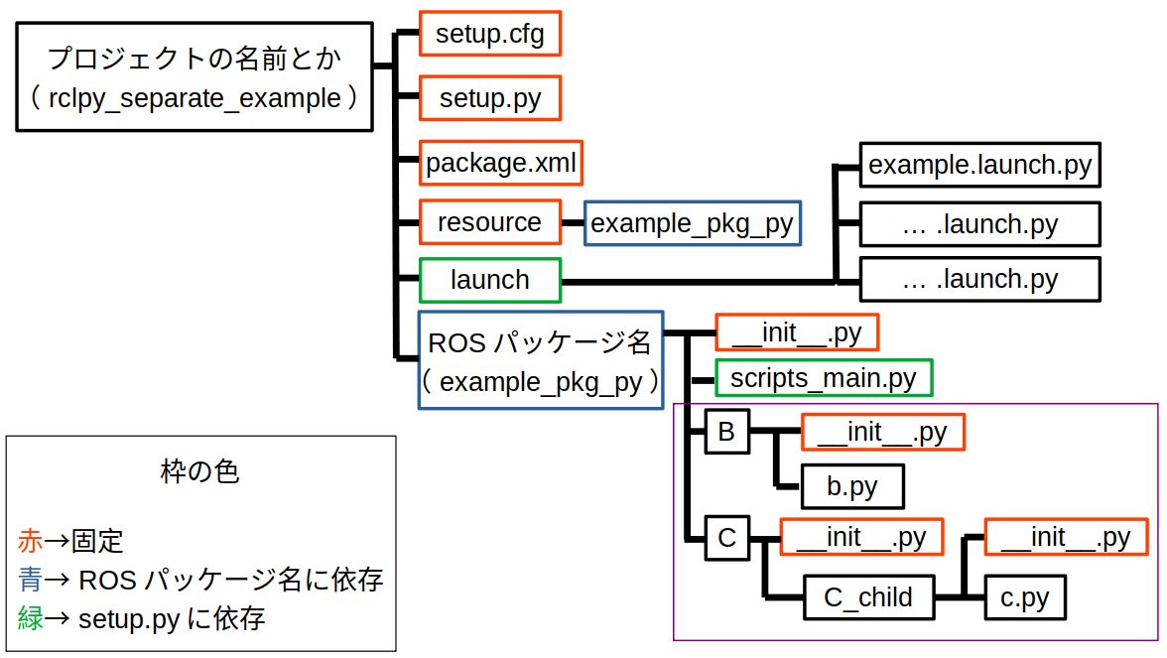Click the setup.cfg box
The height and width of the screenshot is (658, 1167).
coord(490,34)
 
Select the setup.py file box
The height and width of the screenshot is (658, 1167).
coord(490,98)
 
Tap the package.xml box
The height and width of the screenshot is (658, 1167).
coord(500,163)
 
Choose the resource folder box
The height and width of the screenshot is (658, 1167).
coord(490,222)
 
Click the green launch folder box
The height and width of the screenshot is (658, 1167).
coord(490,280)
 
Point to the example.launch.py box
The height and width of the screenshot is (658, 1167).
coord(979,165)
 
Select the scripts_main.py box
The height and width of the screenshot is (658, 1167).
coord(824,378)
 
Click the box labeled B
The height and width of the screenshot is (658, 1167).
coord(727,431)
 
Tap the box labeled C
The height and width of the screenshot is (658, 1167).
coord(727,538)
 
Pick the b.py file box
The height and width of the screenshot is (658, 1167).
coord(852,486)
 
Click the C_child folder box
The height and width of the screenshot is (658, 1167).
coord(868,597)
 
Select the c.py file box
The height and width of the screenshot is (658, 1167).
coord(1025,597)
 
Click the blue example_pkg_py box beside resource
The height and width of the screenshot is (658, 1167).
coord(693,223)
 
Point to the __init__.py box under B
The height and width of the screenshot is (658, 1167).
coord(883,433)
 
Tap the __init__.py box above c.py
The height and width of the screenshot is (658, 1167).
coord(1066,537)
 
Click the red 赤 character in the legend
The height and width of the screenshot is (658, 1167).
coord(31,541)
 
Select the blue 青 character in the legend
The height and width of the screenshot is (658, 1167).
coord(31,580)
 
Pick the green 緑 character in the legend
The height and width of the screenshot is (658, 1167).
coord(31,617)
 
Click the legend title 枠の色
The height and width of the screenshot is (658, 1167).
coord(199,472)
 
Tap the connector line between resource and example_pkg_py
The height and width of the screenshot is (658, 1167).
coord(573,222)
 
